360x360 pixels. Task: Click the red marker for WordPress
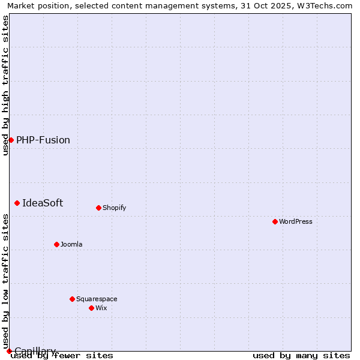pyautogui.click(x=275, y=221)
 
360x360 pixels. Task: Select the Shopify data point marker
pyautogui.click(x=99, y=208)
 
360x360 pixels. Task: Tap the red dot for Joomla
pyautogui.click(x=57, y=244)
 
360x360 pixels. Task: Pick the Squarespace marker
pyautogui.click(x=73, y=299)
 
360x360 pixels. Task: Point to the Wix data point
pyautogui.click(x=92, y=308)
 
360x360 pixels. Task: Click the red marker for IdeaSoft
pyautogui.click(x=17, y=203)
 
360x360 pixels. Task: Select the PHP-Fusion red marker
pyautogui.click(x=11, y=140)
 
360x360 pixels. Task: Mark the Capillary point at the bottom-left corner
pyautogui.click(x=9, y=351)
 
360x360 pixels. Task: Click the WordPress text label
pyautogui.click(x=296, y=221)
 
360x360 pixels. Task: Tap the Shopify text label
pyautogui.click(x=115, y=208)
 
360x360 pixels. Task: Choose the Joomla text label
pyautogui.click(x=71, y=244)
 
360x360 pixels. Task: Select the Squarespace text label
pyautogui.click(x=97, y=299)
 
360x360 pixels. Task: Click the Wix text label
pyautogui.click(x=101, y=308)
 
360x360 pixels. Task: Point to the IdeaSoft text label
pyautogui.click(x=43, y=203)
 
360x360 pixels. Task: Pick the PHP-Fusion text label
pyautogui.click(x=43, y=140)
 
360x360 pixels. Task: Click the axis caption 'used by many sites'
pyautogui.click(x=301, y=355)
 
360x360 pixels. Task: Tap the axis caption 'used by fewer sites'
pyautogui.click(x=62, y=355)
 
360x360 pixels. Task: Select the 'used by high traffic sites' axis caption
pyautogui.click(x=5, y=85)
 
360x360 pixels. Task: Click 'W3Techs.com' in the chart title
pyautogui.click(x=328, y=5)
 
